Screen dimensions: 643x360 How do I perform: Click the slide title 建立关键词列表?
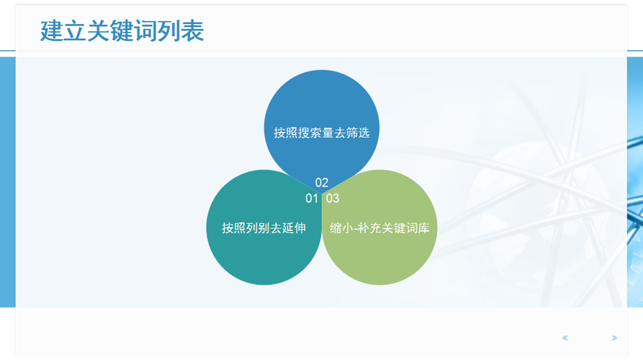coord(122,31)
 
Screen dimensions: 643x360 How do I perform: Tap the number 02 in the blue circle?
coord(322,183)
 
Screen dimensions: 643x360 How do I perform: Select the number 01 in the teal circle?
coord(312,198)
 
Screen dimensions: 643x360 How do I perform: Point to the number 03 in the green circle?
coord(332,198)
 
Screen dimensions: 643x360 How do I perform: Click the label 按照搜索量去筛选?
coord(322,133)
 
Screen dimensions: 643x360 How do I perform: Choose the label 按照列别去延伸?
coord(264,228)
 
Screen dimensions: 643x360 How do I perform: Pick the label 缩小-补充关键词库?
coord(379,228)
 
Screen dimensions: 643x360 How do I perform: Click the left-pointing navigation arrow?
coord(565,338)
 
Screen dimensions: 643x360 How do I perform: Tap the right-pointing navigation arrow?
coord(614,338)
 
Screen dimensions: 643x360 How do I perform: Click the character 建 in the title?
coord(51,31)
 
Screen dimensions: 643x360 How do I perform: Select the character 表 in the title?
coord(192,31)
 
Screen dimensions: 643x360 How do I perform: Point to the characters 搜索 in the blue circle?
coord(310,133)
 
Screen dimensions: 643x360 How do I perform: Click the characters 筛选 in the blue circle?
coord(358,133)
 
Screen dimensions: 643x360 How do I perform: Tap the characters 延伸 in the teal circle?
coord(294,228)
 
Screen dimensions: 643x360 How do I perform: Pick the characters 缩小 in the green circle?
coord(342,228)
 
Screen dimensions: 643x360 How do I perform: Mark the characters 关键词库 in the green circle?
coord(406,228)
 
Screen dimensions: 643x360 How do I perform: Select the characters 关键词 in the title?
coord(122,31)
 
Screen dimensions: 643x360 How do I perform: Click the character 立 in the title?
coord(75,31)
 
